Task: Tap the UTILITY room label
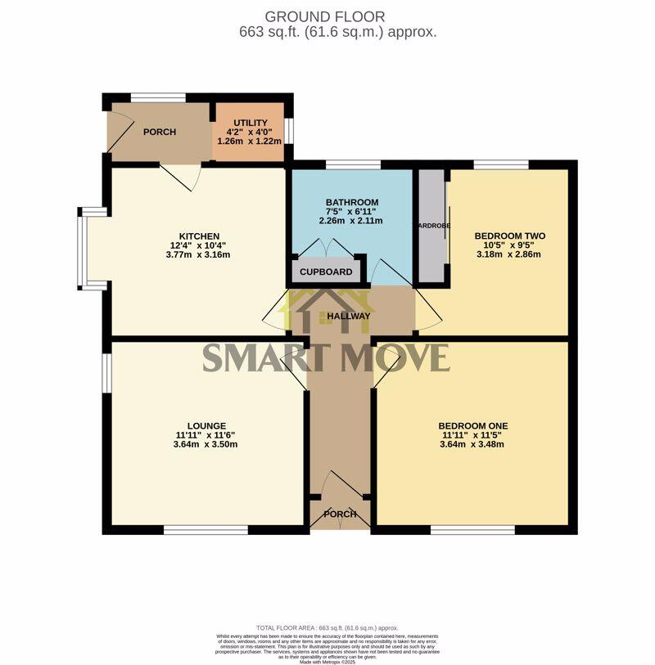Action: click(249, 123)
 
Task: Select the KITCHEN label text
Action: click(199, 236)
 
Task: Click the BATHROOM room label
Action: click(351, 203)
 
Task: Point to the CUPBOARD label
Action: click(326, 272)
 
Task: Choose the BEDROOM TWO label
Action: click(509, 236)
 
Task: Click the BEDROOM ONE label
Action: click(472, 426)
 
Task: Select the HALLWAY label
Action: click(349, 317)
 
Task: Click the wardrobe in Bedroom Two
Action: click(432, 227)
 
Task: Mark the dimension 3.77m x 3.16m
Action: click(199, 254)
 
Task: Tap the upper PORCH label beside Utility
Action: click(160, 132)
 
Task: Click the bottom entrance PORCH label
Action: click(340, 514)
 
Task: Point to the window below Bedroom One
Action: click(472, 530)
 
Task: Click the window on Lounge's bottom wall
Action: click(206, 530)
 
